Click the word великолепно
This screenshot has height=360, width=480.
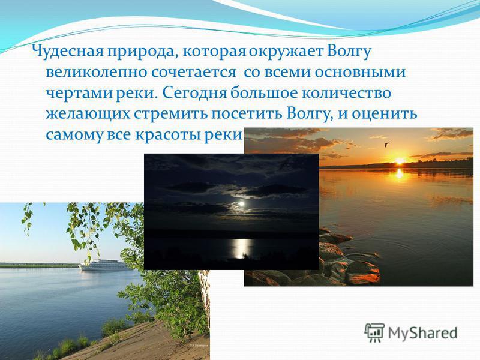point(96,72)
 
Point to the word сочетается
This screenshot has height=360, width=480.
point(193,73)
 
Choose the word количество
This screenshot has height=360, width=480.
point(346,93)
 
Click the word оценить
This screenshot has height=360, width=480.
point(384,114)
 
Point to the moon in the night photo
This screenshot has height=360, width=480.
point(242,203)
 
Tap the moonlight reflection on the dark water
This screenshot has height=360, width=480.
point(242,247)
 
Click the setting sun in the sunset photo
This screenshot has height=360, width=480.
point(399,161)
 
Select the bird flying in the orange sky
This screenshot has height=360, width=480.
point(388,144)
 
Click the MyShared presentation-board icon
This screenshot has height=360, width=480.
point(374,332)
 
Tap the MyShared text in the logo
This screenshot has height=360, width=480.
point(422,333)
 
